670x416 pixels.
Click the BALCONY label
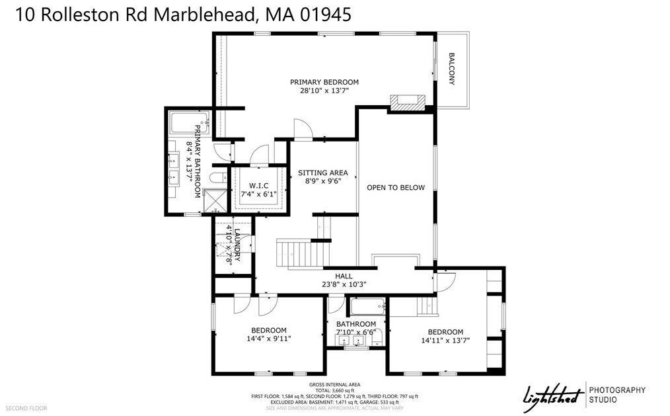pyautogui.click(x=453, y=69)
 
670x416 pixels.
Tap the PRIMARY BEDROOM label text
pyautogui.click(x=324, y=82)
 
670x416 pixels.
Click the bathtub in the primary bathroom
pyautogui.click(x=190, y=122)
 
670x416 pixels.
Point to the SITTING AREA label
pyautogui.click(x=322, y=173)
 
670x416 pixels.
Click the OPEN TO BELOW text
pyautogui.click(x=396, y=187)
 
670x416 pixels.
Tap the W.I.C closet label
pyautogui.click(x=257, y=185)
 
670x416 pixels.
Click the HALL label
pyautogui.click(x=344, y=276)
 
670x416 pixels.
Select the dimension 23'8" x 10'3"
pyautogui.click(x=344, y=284)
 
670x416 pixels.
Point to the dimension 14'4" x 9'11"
pyautogui.click(x=268, y=339)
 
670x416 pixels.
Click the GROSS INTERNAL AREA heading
pyautogui.click(x=334, y=384)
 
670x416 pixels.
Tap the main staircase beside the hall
pyautogui.click(x=303, y=253)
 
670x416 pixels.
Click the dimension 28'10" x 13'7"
pyautogui.click(x=324, y=91)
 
